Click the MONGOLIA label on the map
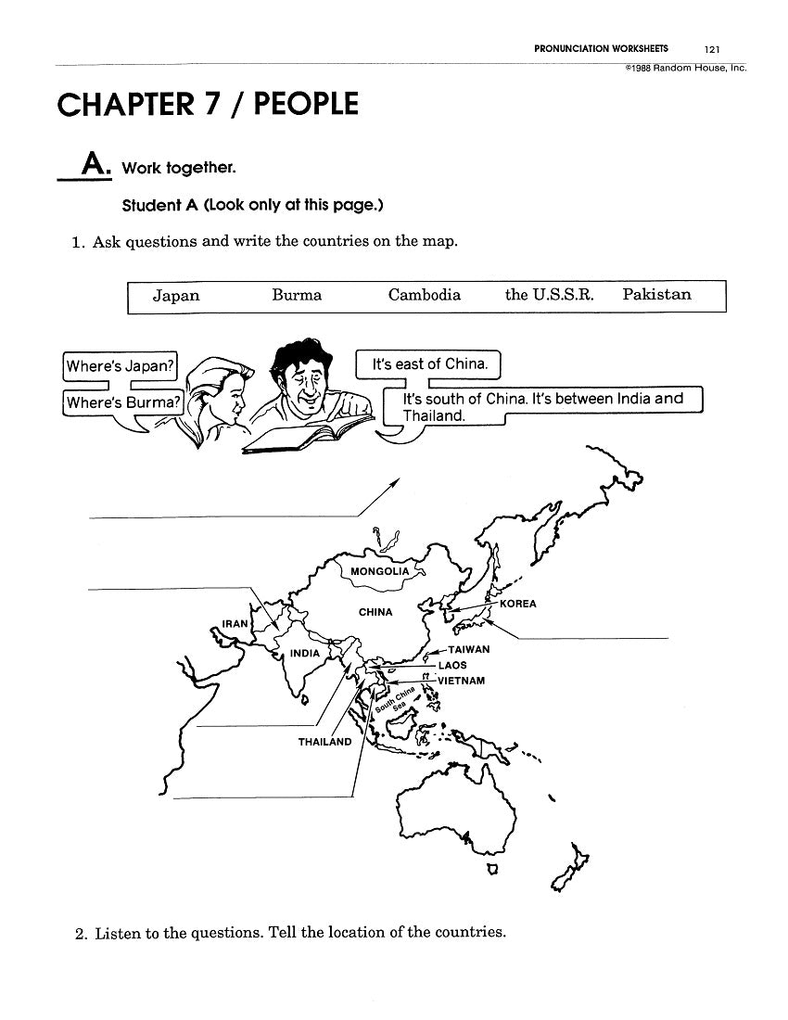point(379,571)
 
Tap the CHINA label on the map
point(375,612)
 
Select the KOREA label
point(517,604)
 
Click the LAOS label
point(452,665)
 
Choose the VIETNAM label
point(461,681)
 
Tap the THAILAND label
point(324,742)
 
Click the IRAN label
point(235,624)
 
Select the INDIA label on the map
point(305,653)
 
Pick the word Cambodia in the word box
point(424,295)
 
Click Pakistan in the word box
point(656,295)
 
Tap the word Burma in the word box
point(297,295)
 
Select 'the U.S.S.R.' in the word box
point(549,295)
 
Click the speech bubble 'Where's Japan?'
point(121,365)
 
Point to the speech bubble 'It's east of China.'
point(429,364)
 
